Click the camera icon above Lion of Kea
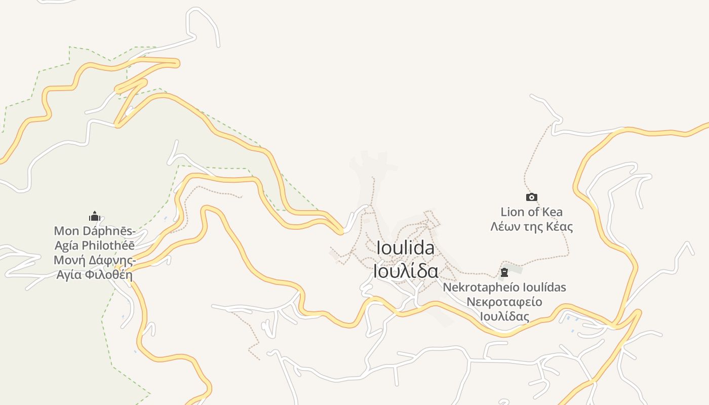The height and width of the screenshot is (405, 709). pos(531,197)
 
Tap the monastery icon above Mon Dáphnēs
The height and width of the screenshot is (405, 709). pos(94,217)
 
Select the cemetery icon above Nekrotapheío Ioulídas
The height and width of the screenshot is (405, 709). pos(504,273)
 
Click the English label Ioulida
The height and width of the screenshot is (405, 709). pos(405,248)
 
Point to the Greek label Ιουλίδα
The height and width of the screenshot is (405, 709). pos(405,271)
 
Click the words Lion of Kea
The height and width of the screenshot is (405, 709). pos(531,212)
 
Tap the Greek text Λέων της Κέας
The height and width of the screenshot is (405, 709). pos(531,226)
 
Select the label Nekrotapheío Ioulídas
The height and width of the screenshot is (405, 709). pos(504,287)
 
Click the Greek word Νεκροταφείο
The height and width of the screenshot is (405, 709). pos(504,302)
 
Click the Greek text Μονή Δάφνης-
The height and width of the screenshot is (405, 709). pos(95,261)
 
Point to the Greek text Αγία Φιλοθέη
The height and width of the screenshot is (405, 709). pos(95,275)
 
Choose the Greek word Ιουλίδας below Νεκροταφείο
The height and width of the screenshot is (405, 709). pos(504,317)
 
